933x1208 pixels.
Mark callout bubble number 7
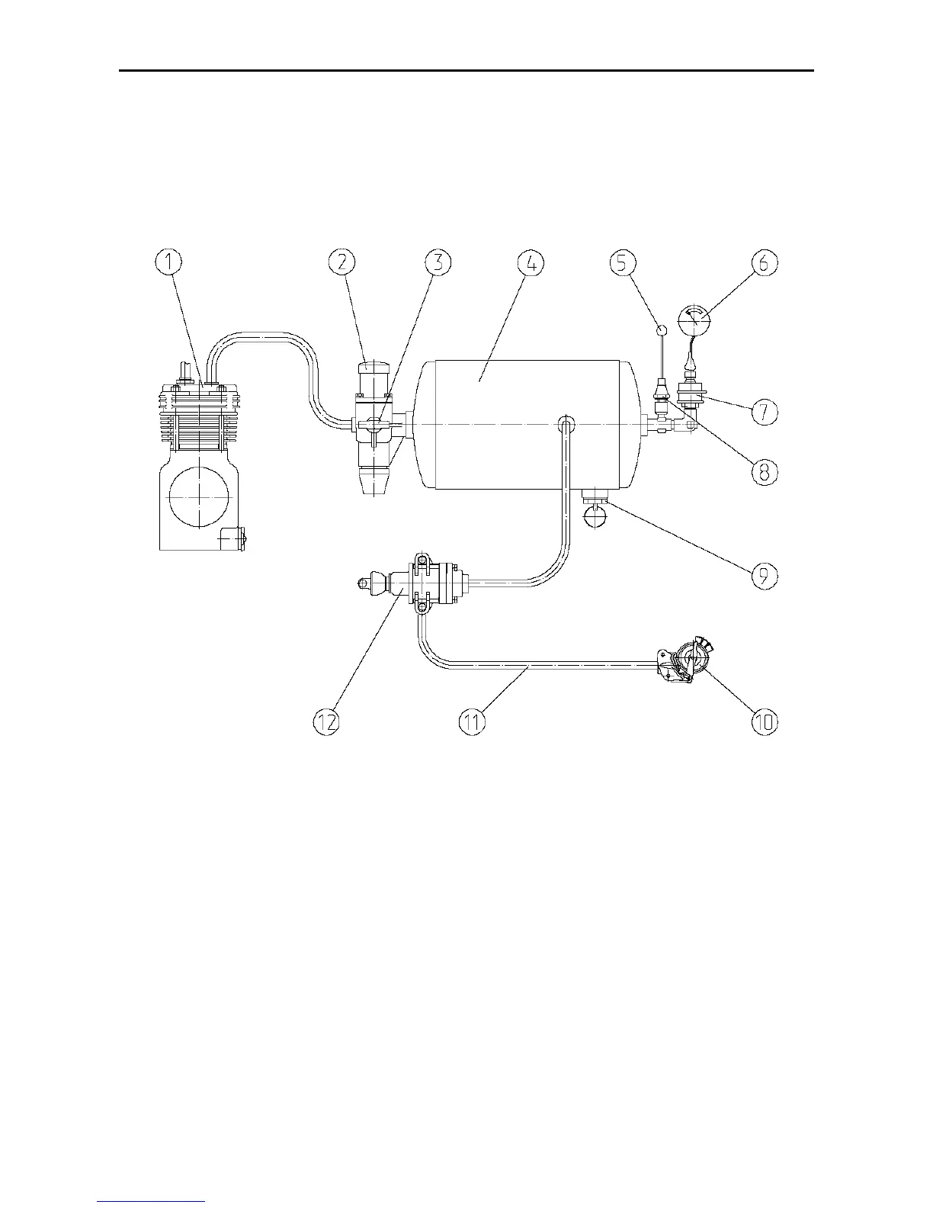pos(765,412)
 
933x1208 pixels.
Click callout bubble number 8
pos(765,471)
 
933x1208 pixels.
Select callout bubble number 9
pos(765,576)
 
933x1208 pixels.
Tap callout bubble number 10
pos(765,721)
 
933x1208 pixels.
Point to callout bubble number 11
pos(473,721)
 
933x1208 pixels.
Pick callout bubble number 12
pos(329,721)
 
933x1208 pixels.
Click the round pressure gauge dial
pos(694,320)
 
